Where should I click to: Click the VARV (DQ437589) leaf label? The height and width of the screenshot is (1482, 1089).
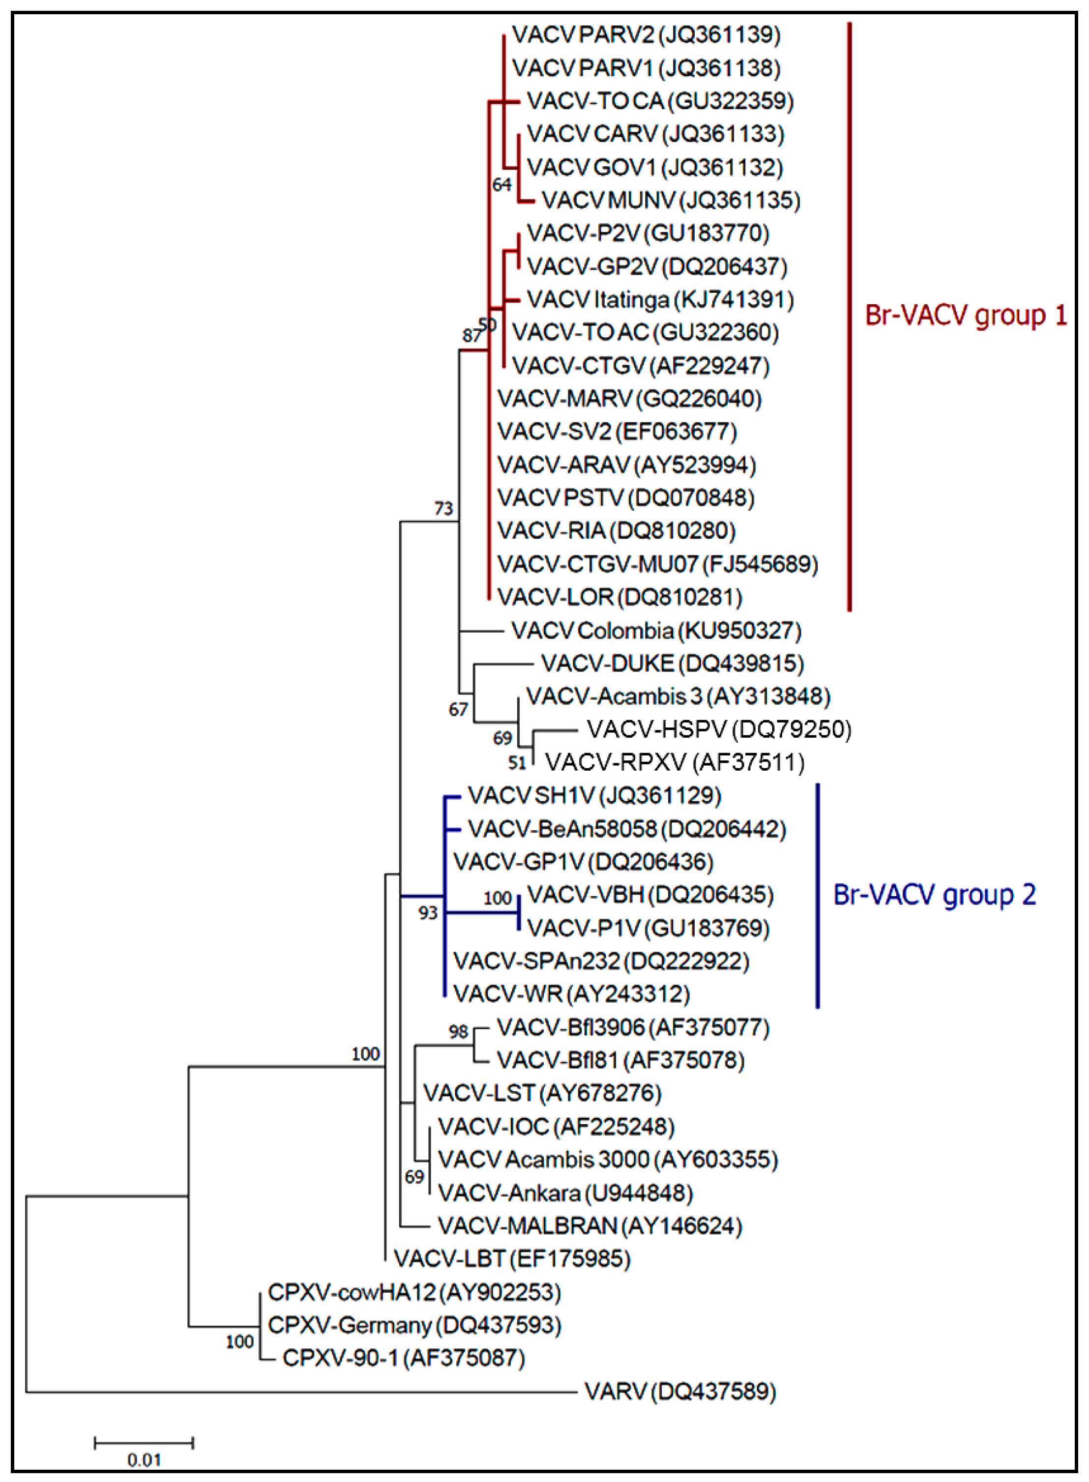coord(679,1391)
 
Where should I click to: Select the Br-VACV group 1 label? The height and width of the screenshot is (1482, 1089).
coord(965,316)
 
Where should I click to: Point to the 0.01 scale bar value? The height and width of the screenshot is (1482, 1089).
coord(144,1460)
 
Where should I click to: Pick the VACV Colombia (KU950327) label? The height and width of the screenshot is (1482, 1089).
coord(656,631)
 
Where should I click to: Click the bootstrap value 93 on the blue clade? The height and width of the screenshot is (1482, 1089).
coord(428,913)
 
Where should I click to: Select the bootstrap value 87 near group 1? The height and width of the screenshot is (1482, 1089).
coord(472,335)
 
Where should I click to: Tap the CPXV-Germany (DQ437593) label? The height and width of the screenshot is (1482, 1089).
coord(414,1325)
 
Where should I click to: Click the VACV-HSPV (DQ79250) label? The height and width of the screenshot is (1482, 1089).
coord(718,729)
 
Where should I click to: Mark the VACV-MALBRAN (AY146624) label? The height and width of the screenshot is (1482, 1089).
coord(589,1226)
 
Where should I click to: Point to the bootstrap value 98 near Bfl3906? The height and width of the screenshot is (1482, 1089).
coord(458,1031)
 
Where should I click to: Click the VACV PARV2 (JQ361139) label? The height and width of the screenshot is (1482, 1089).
coord(646,34)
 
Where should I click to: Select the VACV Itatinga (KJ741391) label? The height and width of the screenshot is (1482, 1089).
coord(660,300)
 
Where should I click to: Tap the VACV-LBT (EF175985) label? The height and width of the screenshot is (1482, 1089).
coord(511,1259)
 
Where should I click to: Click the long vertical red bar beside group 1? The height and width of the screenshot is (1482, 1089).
coord(849,316)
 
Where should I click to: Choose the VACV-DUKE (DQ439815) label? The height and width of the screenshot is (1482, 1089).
coord(672,663)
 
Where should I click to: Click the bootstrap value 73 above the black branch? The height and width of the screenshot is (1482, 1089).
coord(443,508)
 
